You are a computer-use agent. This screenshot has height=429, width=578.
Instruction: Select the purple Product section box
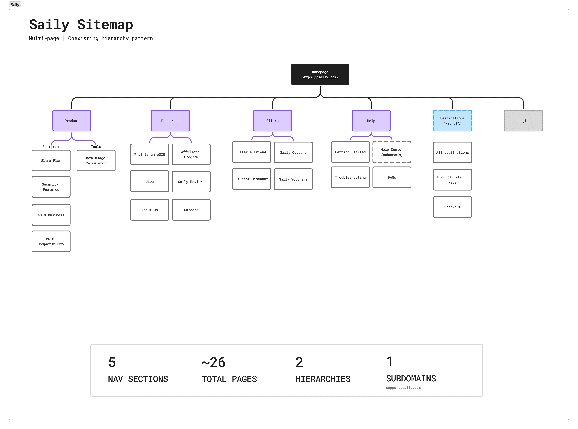click(72, 121)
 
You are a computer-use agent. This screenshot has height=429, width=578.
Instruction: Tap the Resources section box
click(170, 121)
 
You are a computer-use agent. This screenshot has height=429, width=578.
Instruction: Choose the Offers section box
click(272, 121)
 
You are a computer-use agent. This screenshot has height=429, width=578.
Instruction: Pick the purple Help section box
click(371, 121)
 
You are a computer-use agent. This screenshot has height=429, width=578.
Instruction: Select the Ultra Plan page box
click(51, 160)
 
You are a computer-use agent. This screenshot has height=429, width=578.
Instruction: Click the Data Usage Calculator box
click(96, 160)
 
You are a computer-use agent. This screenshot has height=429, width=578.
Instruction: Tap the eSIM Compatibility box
click(51, 241)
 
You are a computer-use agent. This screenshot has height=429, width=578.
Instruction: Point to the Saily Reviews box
click(191, 182)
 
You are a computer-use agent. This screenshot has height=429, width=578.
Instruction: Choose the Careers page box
click(191, 210)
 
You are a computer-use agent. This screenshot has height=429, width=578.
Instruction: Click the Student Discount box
click(252, 179)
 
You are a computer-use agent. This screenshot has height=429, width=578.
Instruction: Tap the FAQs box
click(392, 177)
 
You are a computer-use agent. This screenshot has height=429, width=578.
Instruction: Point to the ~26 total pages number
click(214, 362)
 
